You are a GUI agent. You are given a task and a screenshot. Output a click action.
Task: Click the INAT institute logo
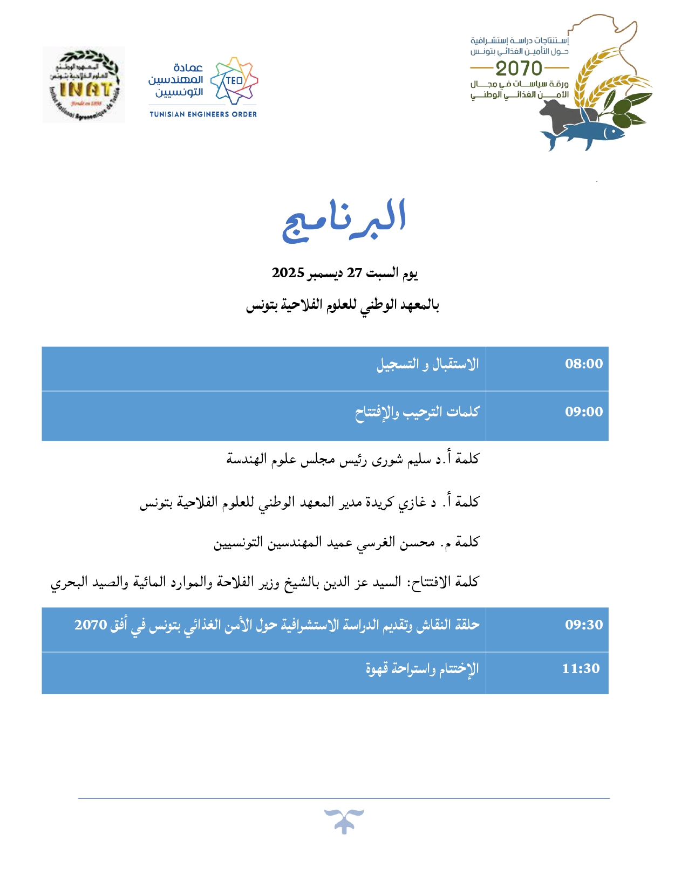(84, 85)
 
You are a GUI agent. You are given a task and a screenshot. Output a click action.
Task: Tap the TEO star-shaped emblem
(234, 80)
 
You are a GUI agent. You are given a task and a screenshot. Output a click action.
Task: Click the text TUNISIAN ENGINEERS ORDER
(203, 114)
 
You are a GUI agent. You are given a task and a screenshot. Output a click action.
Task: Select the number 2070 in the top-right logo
(519, 69)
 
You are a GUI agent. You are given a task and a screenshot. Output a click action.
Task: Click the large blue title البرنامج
(344, 220)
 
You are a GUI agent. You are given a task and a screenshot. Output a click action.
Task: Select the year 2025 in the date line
(288, 273)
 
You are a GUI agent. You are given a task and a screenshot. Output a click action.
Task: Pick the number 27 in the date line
(354, 273)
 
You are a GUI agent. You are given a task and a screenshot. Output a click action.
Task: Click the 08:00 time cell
(583, 364)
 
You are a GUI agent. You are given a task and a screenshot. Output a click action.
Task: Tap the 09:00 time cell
(583, 412)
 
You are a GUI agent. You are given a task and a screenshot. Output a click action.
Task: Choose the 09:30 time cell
(583, 625)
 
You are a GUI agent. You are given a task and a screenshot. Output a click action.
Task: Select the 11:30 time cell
(581, 669)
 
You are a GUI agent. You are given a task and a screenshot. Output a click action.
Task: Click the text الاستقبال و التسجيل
(427, 365)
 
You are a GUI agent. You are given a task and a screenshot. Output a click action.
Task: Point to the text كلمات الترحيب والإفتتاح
(417, 413)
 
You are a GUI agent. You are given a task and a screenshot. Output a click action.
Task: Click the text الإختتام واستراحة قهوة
(422, 669)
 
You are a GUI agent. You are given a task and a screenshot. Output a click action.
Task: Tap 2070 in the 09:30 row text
(91, 625)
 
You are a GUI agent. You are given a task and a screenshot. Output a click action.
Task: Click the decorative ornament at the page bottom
(344, 821)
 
